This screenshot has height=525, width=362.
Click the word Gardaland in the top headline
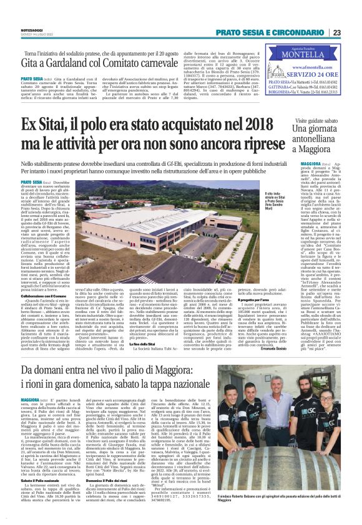[x=58, y=65]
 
